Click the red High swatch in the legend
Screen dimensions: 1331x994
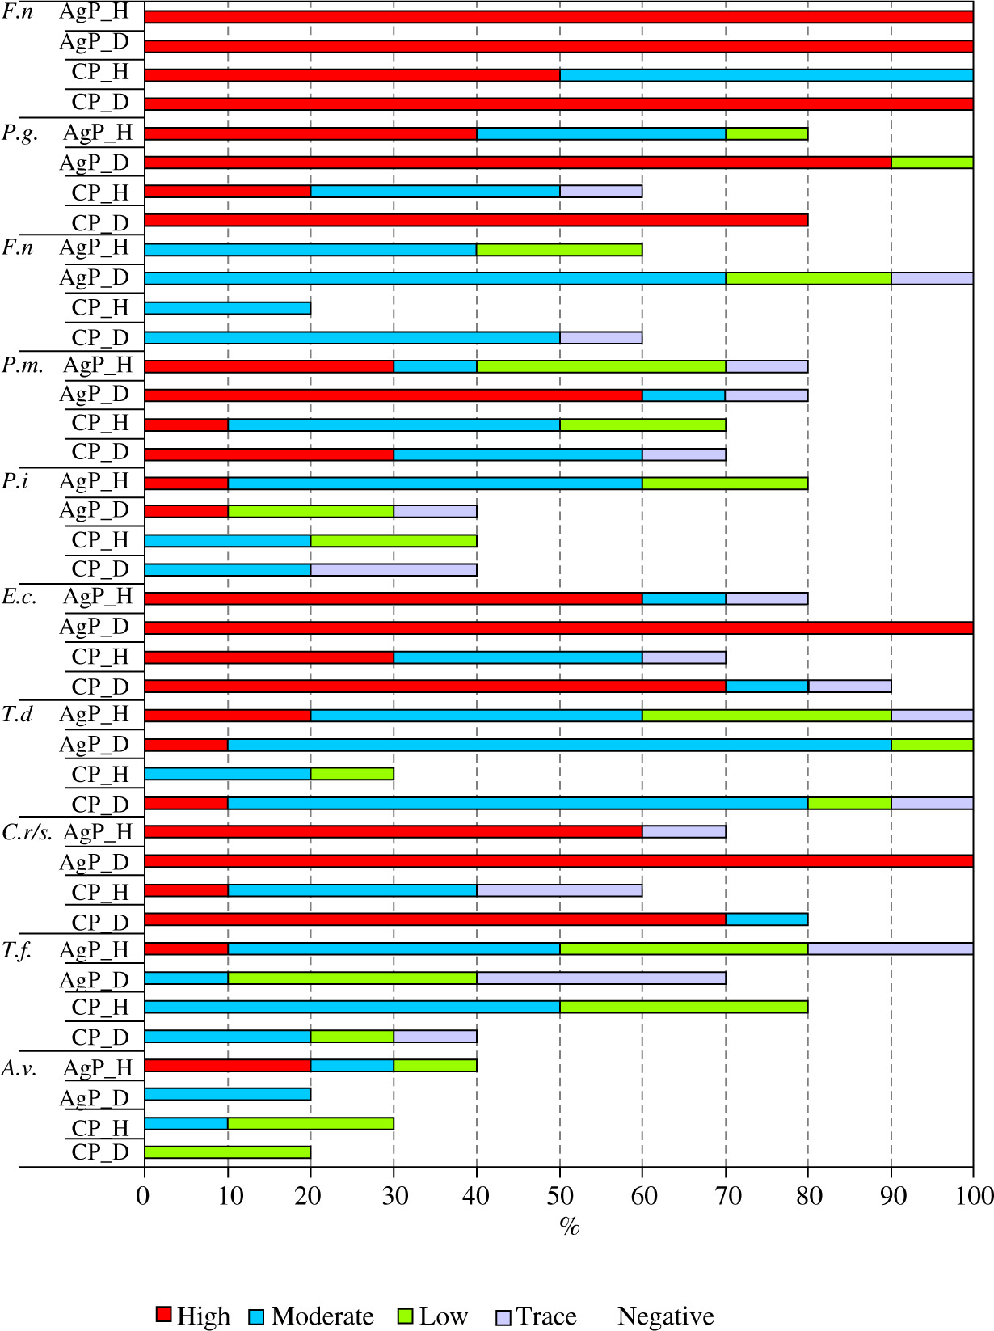click(163, 1315)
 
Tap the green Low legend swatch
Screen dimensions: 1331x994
click(406, 1316)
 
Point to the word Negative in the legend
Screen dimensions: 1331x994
click(665, 1316)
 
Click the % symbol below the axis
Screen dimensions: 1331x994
click(569, 1226)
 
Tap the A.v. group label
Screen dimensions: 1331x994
click(19, 1067)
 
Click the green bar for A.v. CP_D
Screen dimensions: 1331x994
click(227, 1152)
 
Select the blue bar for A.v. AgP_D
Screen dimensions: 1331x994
click(227, 1094)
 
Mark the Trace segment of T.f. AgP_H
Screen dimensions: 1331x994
click(891, 949)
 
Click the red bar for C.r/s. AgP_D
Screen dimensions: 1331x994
click(558, 861)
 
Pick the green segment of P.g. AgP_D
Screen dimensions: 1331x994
click(932, 162)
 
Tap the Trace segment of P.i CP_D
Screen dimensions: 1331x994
click(394, 569)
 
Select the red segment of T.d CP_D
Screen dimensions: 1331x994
click(186, 803)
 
